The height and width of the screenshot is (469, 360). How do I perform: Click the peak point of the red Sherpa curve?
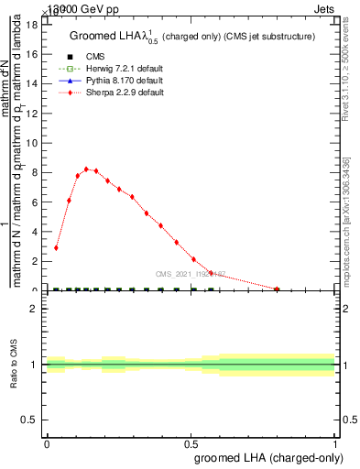86,169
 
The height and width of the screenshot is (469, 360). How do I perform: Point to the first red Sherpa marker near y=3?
56,247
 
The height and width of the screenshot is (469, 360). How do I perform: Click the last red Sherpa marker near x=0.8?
277,289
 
